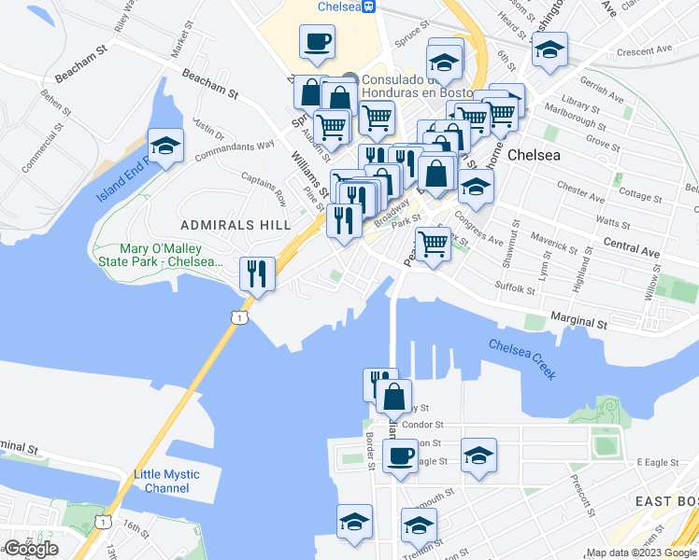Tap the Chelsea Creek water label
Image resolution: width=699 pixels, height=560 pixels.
(x=522, y=358)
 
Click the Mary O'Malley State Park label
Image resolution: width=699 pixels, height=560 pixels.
(x=171, y=255)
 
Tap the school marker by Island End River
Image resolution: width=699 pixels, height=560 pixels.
(x=166, y=147)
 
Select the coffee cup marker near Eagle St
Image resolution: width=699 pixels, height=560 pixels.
(x=401, y=456)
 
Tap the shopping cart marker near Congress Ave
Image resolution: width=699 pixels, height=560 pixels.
(x=433, y=245)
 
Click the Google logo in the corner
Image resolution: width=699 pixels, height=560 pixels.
(x=31, y=549)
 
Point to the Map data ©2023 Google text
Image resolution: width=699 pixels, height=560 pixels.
(x=642, y=553)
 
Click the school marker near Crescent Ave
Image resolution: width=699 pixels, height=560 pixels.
(x=549, y=49)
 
